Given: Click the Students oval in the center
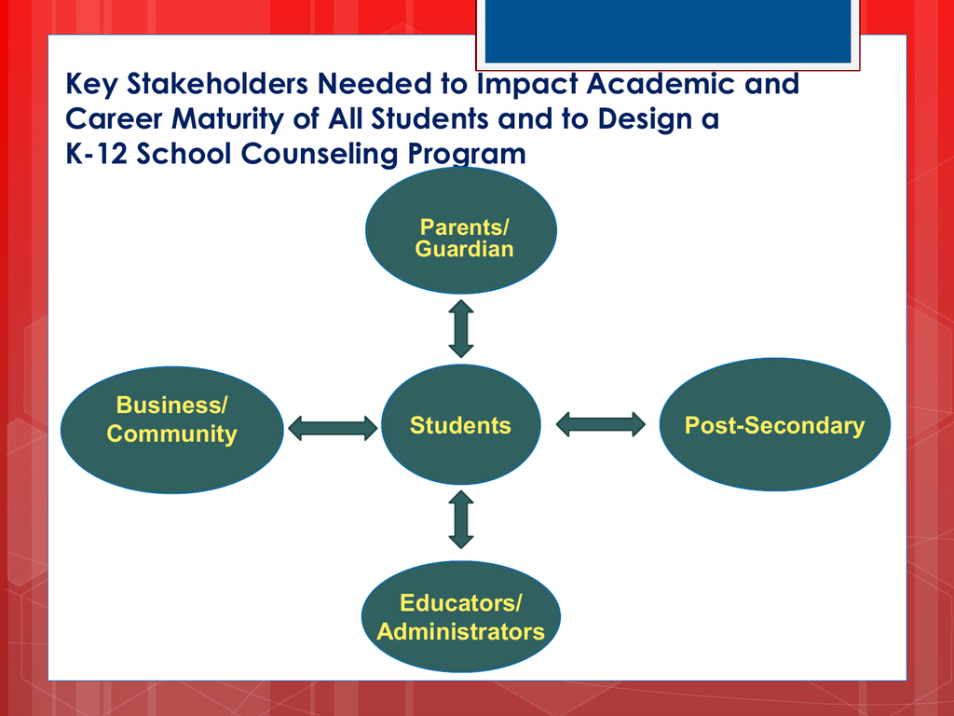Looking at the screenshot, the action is coord(460,424).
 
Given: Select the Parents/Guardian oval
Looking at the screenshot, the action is coord(460,231).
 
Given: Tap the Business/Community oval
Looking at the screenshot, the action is coord(172,430).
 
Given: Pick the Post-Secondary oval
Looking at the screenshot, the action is coord(774,424).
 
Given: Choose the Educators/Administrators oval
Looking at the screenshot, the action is coord(460,616).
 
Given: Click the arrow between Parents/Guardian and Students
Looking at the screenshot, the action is coord(460,328).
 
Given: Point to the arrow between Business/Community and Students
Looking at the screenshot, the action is coord(333,428).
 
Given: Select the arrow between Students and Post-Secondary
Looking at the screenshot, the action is coord(601,424).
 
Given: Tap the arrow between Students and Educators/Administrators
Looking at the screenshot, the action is coord(460,520).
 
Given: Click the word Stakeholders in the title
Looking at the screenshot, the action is coord(217,83).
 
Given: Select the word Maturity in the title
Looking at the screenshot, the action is coord(227,119).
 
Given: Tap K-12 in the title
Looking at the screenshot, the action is coord(96,154).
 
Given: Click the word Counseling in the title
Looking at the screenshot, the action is coord(320,155).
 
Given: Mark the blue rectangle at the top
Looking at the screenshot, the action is coord(667,31).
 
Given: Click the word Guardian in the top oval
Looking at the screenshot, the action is coord(464,249).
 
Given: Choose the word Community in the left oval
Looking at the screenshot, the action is coord(172,434).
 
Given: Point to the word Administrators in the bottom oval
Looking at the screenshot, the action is coord(460,631).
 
